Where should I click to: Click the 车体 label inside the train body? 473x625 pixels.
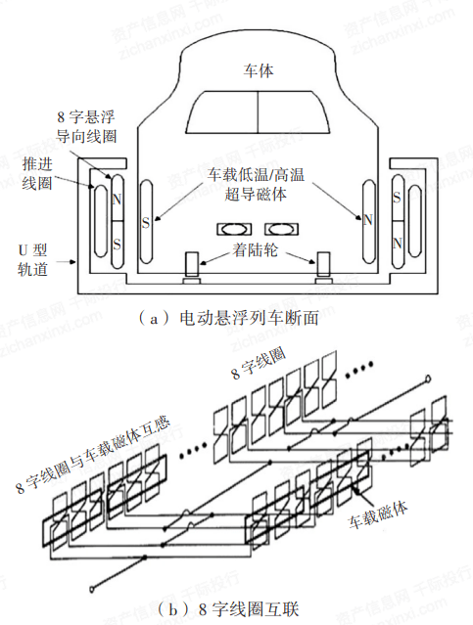tap(259, 70)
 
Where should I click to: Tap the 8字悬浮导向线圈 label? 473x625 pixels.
tap(86, 126)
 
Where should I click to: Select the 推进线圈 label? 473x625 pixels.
tap(37, 173)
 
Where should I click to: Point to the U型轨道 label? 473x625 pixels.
tap(32, 259)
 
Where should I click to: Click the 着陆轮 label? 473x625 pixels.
tap(256, 250)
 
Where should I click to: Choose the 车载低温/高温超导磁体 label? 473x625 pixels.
tap(256, 184)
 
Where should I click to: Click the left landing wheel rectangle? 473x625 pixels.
tap(192, 264)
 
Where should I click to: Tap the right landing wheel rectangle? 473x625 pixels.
tap(323, 264)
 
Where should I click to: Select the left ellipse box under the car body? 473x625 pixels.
tap(234, 229)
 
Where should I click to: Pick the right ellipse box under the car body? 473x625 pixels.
tap(281, 229)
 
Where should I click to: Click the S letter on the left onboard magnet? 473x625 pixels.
tap(146, 222)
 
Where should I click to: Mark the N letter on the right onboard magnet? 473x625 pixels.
tap(368, 220)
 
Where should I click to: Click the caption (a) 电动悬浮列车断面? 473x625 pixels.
tap(228, 318)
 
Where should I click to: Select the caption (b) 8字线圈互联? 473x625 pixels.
tap(228, 609)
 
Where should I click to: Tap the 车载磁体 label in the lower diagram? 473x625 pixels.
tap(378, 514)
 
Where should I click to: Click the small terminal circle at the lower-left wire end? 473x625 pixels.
tap(92, 588)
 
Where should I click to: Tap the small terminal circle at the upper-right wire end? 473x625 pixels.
tap(428, 379)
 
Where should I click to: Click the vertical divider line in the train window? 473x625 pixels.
tap(258, 112)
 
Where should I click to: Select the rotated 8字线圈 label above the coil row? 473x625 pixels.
tap(258, 364)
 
